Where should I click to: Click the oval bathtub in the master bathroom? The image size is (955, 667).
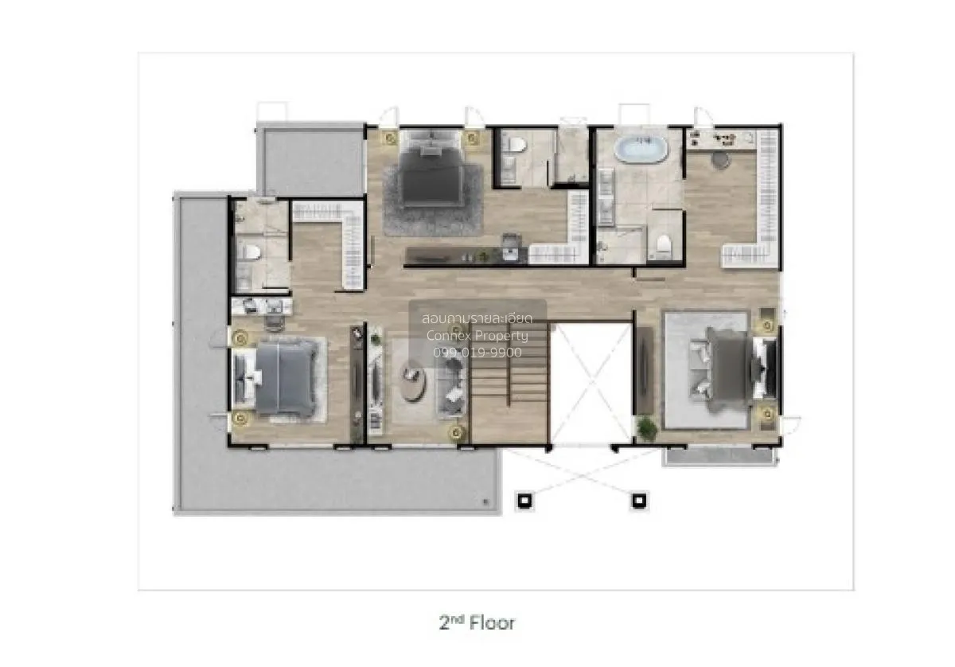pyautogui.click(x=641, y=148)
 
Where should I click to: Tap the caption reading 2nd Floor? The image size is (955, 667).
pyautogui.click(x=477, y=623)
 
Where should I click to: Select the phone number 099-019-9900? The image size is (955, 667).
pyautogui.click(x=477, y=353)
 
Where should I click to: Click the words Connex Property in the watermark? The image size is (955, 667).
pyautogui.click(x=477, y=336)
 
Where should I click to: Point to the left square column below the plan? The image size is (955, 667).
pyautogui.click(x=524, y=500)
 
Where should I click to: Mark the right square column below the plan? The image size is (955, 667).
pyautogui.click(x=638, y=500)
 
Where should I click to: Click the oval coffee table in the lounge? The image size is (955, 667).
pyautogui.click(x=412, y=380)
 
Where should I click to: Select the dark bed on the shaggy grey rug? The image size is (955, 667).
pyautogui.click(x=431, y=170)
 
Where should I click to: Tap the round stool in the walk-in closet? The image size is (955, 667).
pyautogui.click(x=720, y=161)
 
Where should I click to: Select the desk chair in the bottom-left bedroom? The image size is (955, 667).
pyautogui.click(x=274, y=321)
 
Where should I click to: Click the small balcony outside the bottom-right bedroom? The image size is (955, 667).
pyautogui.click(x=719, y=455)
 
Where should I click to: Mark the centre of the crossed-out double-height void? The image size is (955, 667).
pyautogui.click(x=591, y=384)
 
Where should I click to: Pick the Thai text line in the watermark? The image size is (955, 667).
pyautogui.click(x=477, y=318)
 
